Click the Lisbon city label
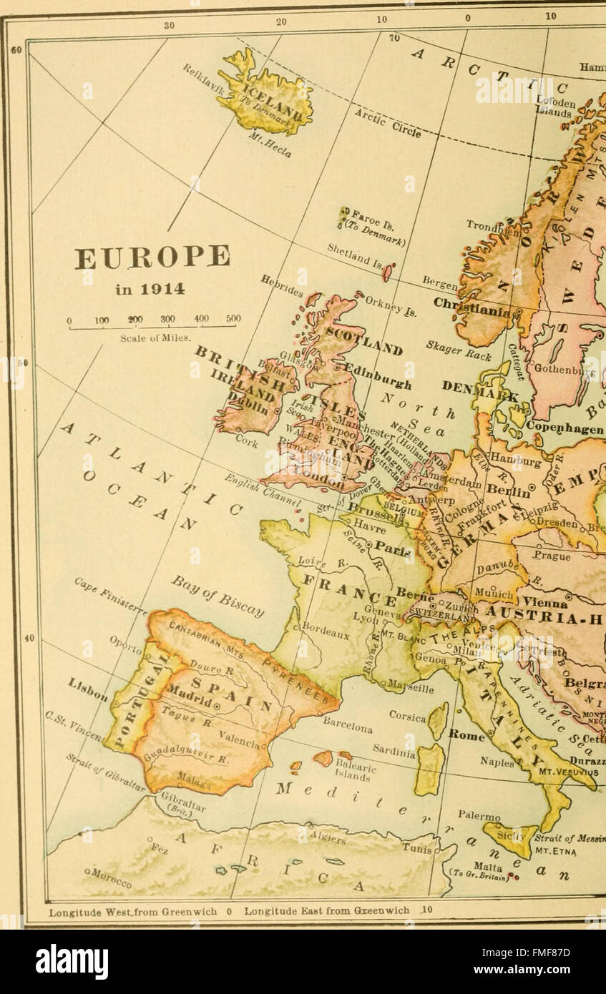click(88, 689)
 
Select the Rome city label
click(466, 734)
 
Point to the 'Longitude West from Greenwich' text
click(132, 912)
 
